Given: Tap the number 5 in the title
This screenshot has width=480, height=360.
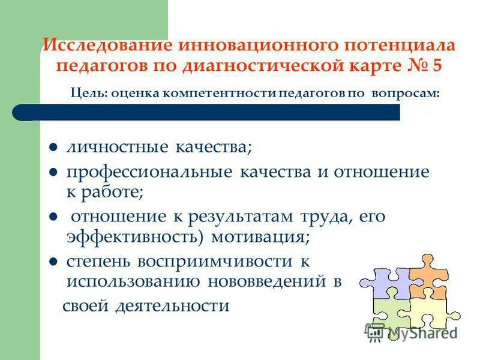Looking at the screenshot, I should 436,65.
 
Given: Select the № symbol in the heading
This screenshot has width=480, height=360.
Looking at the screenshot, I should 412,65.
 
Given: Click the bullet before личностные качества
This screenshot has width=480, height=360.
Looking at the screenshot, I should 53,147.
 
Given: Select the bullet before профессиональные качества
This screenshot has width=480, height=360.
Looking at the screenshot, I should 53,173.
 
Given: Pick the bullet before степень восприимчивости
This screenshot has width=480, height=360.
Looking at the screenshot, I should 53,262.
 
